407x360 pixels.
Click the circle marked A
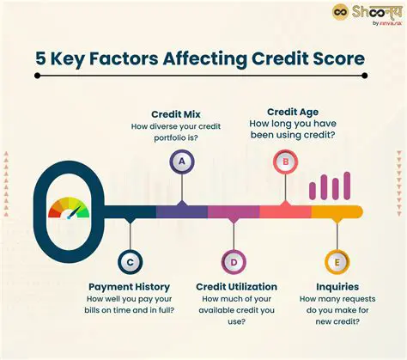tap(180, 161)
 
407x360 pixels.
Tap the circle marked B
tap(283, 161)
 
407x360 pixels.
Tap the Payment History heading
tap(129, 286)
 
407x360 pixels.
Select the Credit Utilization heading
tap(236, 286)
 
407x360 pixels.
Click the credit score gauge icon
tap(68, 210)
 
